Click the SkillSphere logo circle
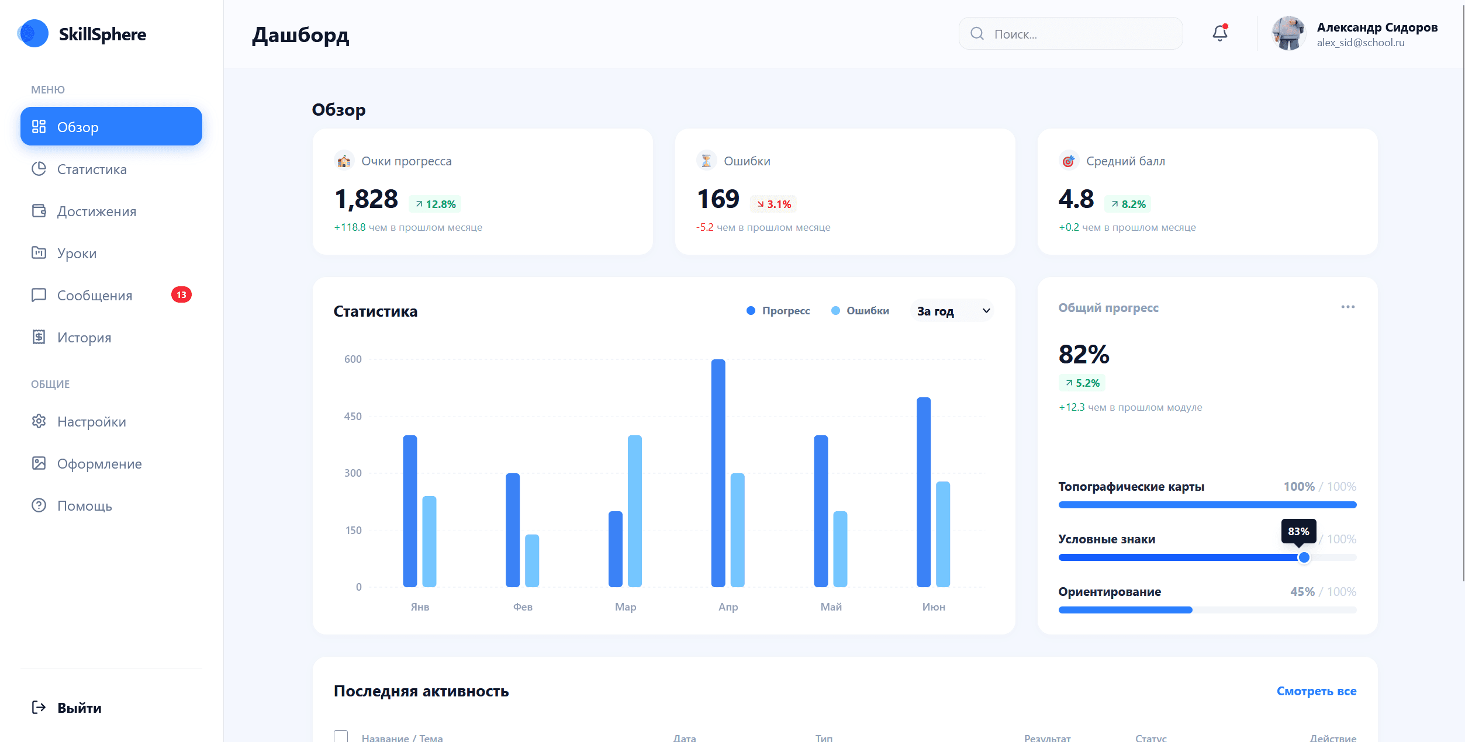[33, 33]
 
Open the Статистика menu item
[92, 169]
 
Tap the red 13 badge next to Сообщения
[181, 295]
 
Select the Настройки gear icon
[39, 421]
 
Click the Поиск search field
[1070, 34]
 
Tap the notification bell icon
[1219, 33]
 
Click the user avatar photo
[1288, 33]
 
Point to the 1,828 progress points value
[366, 199]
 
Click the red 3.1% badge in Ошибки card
[773, 204]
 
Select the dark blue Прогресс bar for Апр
[718, 473]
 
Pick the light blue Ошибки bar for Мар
[634, 511]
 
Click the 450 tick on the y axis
[353, 417]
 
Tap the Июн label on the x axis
[933, 607]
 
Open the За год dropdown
[952, 311]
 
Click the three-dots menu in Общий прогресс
[1347, 307]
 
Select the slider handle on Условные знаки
[1304, 557]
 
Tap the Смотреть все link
[1316, 691]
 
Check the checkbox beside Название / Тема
[341, 736]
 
